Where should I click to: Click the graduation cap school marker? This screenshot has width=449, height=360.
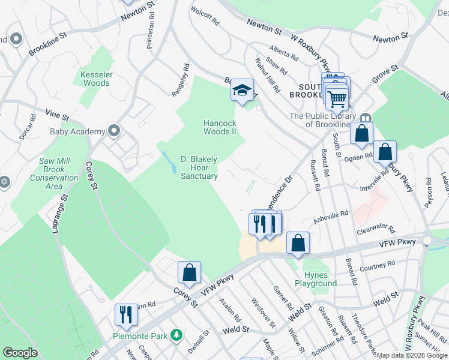coord(243,91)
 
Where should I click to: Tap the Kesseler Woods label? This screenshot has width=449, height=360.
coord(96,79)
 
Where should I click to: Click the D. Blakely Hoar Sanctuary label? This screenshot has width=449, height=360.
coord(199,167)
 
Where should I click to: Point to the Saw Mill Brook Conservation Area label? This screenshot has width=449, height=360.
coord(55,173)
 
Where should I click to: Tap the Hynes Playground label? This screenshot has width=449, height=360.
coord(316,279)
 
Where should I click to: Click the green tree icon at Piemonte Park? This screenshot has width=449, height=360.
coord(176,334)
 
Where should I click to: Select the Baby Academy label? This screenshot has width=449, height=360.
coord(77,131)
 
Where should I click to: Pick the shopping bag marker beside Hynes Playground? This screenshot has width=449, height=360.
coord(298,243)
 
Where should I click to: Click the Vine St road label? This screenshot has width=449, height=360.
coord(58,113)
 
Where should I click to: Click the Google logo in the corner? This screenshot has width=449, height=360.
coord(20,353)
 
